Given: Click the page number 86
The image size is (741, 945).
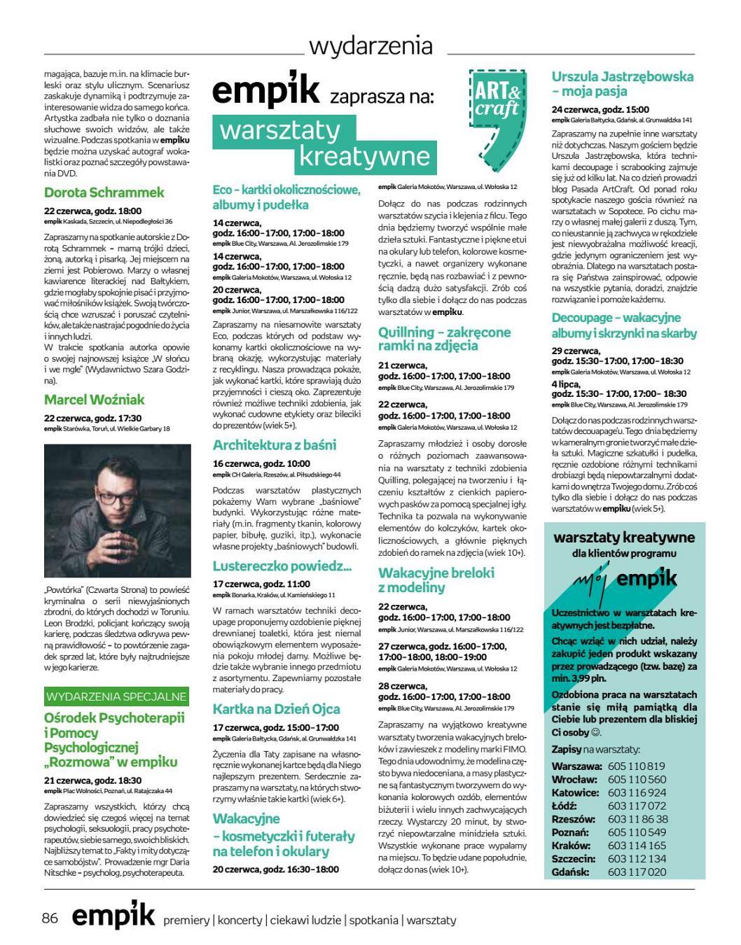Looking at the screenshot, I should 50,918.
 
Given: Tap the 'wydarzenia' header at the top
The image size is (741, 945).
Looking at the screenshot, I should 370,46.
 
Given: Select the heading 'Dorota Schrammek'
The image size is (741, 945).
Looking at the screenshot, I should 104,192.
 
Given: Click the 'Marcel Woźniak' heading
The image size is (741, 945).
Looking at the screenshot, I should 95,400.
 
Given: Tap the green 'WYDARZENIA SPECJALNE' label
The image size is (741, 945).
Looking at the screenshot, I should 116,696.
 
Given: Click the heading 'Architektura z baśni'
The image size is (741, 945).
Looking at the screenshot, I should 275,445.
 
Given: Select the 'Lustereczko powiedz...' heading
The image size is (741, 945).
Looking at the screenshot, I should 282,566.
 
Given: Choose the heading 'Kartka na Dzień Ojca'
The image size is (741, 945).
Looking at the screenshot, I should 277,709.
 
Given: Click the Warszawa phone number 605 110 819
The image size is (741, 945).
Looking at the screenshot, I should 637,766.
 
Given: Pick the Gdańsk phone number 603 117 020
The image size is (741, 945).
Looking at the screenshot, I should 637,872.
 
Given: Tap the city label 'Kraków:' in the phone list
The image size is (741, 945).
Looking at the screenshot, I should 571,846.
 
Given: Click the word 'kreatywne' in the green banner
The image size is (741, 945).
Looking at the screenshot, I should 364,155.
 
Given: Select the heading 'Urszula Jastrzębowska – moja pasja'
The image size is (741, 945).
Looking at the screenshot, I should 622,84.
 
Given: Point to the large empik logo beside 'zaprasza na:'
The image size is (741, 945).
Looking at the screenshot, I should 266,92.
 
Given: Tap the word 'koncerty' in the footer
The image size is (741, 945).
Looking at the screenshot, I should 240,920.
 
